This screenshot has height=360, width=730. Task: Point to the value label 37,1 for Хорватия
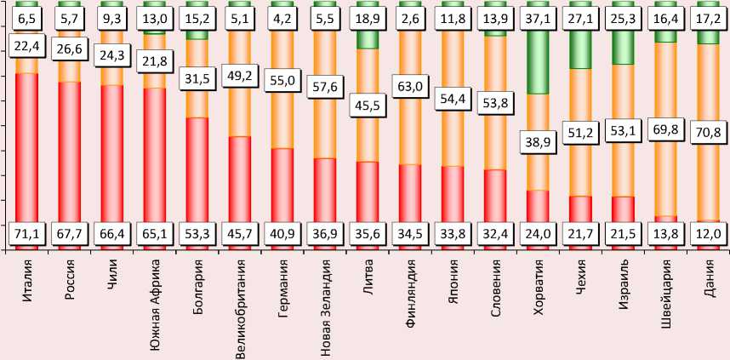pos(538,15)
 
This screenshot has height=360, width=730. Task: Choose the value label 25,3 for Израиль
pos(623,15)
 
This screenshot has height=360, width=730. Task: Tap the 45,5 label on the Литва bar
pos(368,107)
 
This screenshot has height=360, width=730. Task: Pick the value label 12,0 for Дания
pos(708,231)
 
